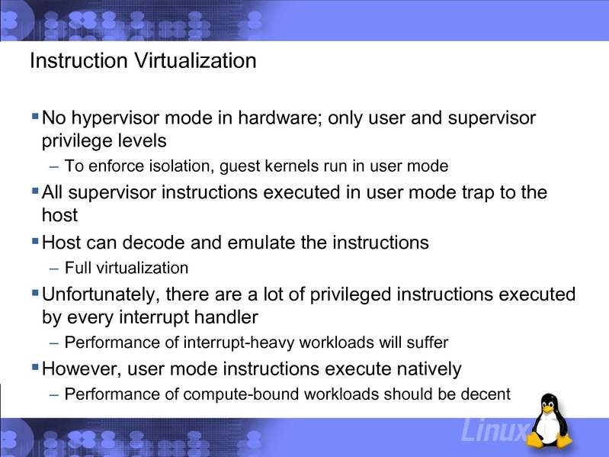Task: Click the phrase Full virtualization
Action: [126, 268]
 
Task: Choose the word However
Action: [79, 369]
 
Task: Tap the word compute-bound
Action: [252, 394]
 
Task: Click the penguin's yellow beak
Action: [549, 413]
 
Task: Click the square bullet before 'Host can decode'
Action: [35, 242]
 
